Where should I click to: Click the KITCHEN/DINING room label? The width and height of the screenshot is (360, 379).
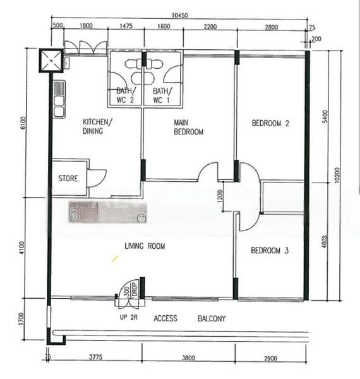[98, 126]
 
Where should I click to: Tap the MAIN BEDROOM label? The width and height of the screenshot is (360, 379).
[189, 126]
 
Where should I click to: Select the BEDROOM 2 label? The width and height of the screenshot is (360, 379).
[270, 123]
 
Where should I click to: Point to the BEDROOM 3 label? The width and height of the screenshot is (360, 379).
[270, 251]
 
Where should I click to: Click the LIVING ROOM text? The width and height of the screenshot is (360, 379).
[145, 246]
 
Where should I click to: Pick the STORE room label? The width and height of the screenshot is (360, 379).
[68, 179]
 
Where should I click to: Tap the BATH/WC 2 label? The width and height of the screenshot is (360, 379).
[125, 95]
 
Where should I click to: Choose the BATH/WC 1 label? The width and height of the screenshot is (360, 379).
[162, 95]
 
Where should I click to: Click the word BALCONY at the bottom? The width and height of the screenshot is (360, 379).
[211, 319]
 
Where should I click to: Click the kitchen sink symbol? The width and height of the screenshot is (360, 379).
[59, 100]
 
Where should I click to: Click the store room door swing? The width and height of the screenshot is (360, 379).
[97, 177]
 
